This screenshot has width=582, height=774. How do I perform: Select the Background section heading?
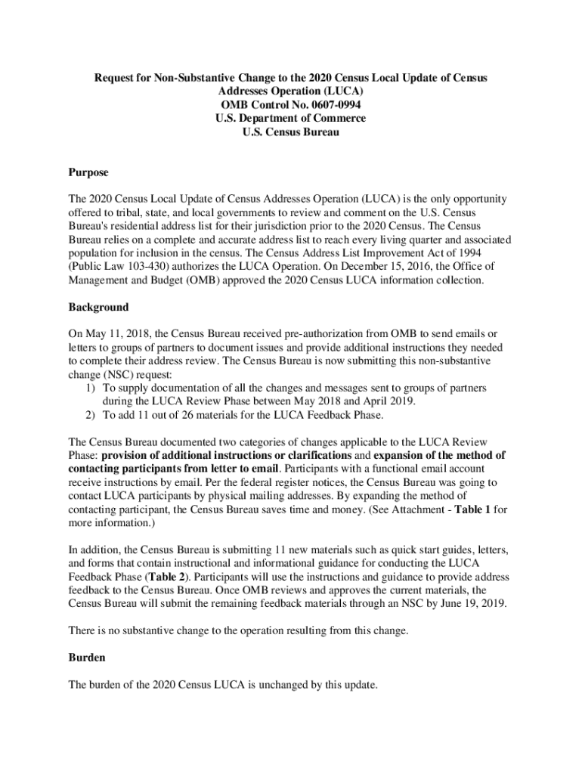coord(98,308)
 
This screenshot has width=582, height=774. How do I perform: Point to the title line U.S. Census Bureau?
coord(290,132)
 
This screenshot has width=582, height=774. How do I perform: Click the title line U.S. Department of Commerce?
coord(290,119)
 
